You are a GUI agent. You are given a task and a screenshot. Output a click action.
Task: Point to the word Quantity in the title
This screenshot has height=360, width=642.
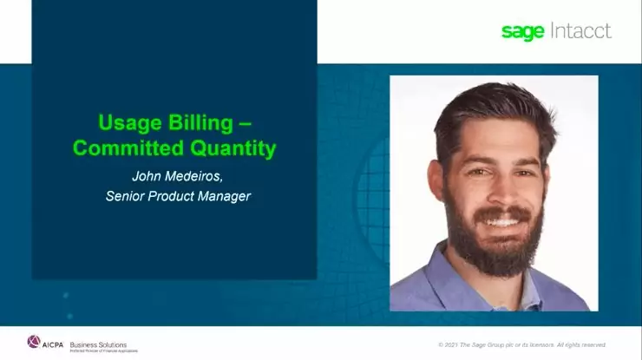click(x=230, y=148)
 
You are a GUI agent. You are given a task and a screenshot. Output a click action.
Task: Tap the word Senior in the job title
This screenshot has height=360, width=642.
click(x=125, y=196)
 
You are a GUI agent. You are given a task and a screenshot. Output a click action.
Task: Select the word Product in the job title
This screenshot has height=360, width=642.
click(x=173, y=196)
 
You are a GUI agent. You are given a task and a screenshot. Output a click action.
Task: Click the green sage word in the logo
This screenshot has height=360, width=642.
click(x=522, y=32)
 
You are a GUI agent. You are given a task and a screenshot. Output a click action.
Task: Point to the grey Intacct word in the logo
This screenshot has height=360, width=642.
click(x=580, y=31)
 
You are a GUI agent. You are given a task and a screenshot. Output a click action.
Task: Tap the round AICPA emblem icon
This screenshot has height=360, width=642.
click(x=34, y=342)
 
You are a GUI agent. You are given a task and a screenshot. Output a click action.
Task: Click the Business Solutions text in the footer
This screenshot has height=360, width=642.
click(x=97, y=344)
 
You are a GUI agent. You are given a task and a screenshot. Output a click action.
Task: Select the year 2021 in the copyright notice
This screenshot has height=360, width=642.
click(x=456, y=344)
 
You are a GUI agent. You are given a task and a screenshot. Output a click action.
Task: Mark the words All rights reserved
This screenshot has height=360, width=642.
click(x=579, y=344)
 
